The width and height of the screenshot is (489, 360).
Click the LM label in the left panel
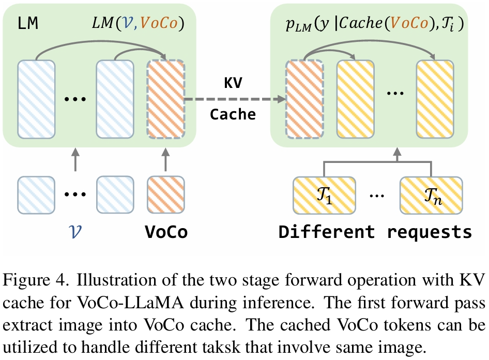coord(28,24)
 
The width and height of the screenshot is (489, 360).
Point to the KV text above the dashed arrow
coord(233,82)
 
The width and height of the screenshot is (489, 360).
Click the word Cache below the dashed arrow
coord(233,115)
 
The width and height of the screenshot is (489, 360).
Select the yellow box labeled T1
coord(324,196)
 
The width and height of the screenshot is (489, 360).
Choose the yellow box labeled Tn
coord(431,196)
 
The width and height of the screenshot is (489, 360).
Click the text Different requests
coord(375,232)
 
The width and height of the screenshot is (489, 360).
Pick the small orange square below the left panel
coord(165,194)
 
